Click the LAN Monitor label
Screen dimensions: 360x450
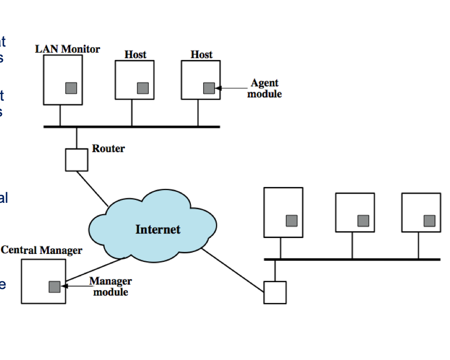(67, 49)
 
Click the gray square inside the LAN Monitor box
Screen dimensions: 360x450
(71, 88)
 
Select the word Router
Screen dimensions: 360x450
(108, 148)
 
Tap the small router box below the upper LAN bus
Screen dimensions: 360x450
(76, 160)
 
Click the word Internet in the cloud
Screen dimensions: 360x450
(158, 229)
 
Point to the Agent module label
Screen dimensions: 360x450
(264, 88)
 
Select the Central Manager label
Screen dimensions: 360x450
(42, 250)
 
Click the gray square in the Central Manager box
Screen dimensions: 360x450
(55, 287)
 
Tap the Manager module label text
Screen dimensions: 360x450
(111, 287)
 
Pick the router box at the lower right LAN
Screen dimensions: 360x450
(275, 293)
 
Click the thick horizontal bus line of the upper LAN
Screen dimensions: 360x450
(131, 127)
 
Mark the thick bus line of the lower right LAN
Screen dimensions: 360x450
(352, 259)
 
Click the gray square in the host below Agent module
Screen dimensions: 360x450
(209, 88)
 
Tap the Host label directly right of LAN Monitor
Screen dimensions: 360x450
(135, 55)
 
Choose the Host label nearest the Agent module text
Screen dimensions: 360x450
(201, 55)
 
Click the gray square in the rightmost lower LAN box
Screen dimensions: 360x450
(429, 221)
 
